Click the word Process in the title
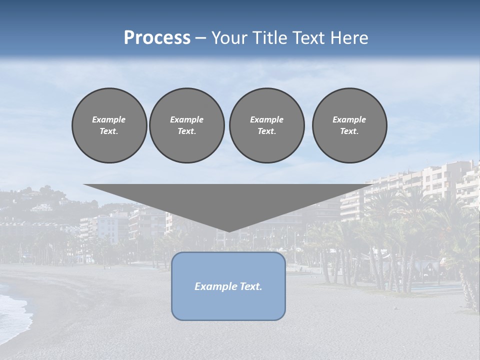tap(157, 38)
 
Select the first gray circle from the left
tap(109, 125)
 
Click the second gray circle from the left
tap(187, 125)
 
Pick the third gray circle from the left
tap(266, 125)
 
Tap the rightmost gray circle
tap(349, 125)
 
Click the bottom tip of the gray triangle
tap(229, 231)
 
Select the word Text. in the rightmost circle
tap(349, 131)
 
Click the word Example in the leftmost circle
tap(109, 119)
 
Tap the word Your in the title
tap(228, 38)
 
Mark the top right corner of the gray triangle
tap(375, 185)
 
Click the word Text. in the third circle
tap(266, 131)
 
